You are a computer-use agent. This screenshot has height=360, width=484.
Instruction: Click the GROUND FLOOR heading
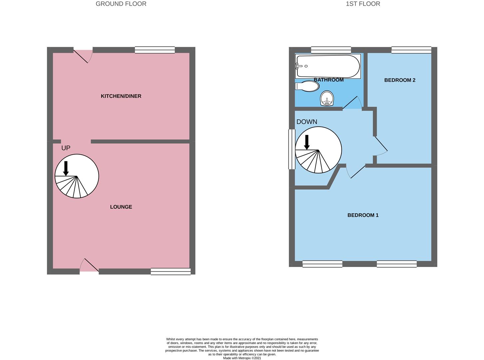(x=121, y=4)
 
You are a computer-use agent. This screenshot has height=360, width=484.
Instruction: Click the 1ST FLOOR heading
(x=363, y=4)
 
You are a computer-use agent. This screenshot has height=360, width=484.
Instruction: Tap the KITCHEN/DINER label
(x=121, y=96)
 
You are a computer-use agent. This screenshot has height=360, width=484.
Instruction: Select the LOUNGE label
(x=121, y=207)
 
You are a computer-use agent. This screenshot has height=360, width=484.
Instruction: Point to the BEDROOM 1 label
(x=363, y=215)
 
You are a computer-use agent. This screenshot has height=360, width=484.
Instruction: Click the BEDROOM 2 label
(x=399, y=80)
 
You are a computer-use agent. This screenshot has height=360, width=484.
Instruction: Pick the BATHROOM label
(x=329, y=80)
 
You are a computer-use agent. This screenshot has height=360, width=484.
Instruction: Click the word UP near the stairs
(x=66, y=148)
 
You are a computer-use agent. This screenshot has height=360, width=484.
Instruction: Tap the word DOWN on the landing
(x=306, y=122)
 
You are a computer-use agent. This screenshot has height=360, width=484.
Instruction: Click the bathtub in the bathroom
(x=328, y=66)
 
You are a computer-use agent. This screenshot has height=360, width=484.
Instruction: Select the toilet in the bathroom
(x=307, y=86)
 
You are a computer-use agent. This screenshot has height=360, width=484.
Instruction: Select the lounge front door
(x=89, y=265)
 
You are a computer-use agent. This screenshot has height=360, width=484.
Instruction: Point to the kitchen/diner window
(x=155, y=50)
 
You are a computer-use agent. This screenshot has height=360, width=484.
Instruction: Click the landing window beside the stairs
(x=292, y=149)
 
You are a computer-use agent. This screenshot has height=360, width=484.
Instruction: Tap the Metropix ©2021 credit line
(x=242, y=358)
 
